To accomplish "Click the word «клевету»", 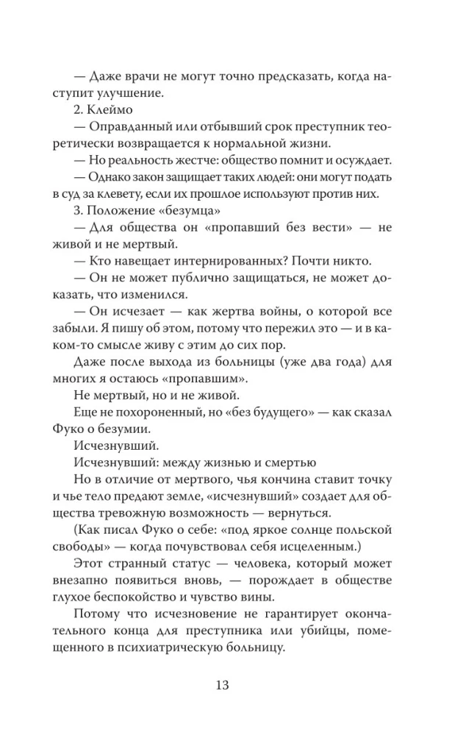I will (138, 195).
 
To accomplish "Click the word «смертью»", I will (289, 462).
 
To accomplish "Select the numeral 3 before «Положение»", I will (77, 212).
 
